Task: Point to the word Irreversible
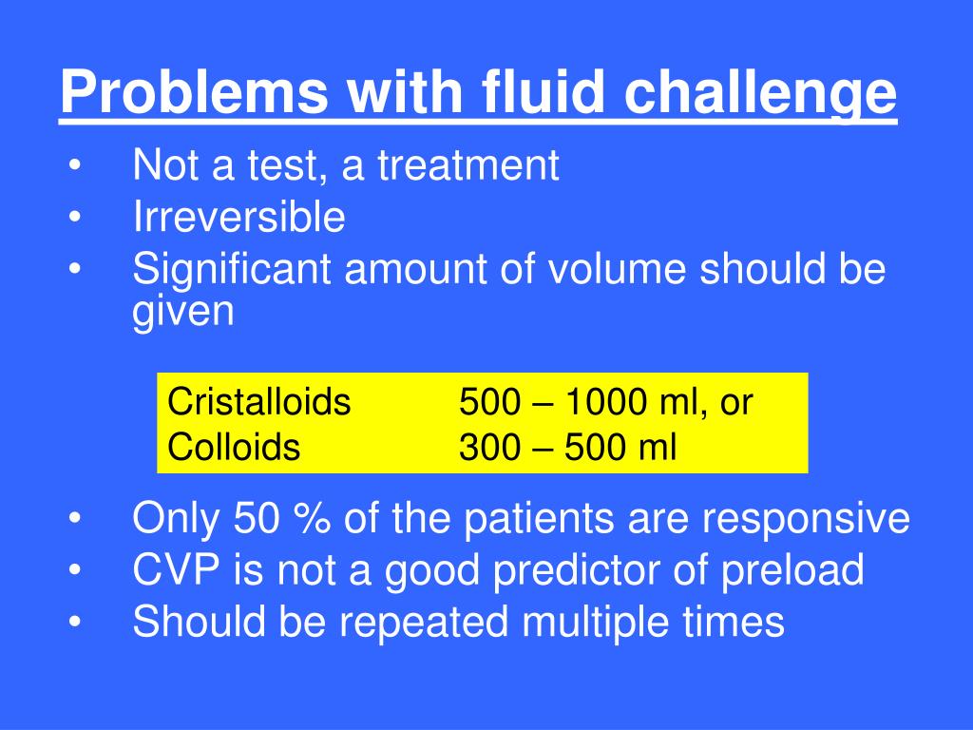click(x=238, y=218)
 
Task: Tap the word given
click(x=182, y=313)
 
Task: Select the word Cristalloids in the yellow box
click(x=259, y=402)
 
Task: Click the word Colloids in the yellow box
click(x=234, y=447)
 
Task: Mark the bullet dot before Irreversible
click(x=74, y=220)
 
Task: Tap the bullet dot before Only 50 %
click(x=74, y=521)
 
